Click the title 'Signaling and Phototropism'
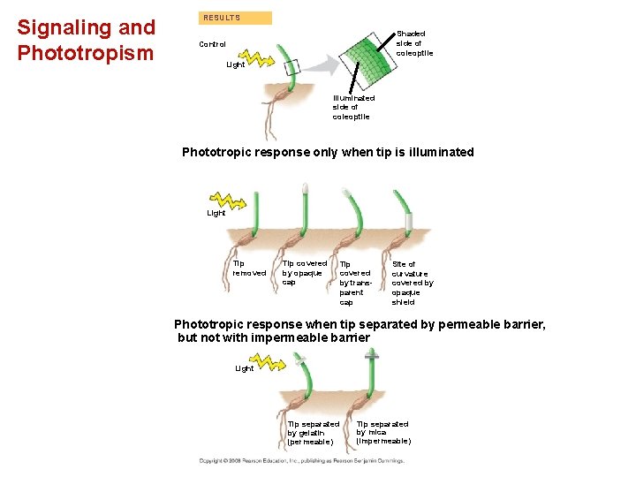pyautogui.click(x=86, y=41)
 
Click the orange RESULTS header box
pyautogui.click(x=234, y=18)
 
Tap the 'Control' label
pyautogui.click(x=212, y=44)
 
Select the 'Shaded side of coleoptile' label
pyautogui.click(x=414, y=43)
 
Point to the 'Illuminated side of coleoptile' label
pyautogui.click(x=353, y=107)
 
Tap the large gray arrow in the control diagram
pyautogui.click(x=322, y=64)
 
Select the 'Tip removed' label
pyautogui.click(x=248, y=268)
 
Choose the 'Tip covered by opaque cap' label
pyautogui.click(x=304, y=272)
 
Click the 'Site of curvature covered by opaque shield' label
pyautogui.click(x=413, y=283)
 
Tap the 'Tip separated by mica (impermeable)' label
pyautogui.click(x=382, y=432)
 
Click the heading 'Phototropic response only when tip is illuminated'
pyautogui.click(x=328, y=152)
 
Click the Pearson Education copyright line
pyautogui.click(x=301, y=461)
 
